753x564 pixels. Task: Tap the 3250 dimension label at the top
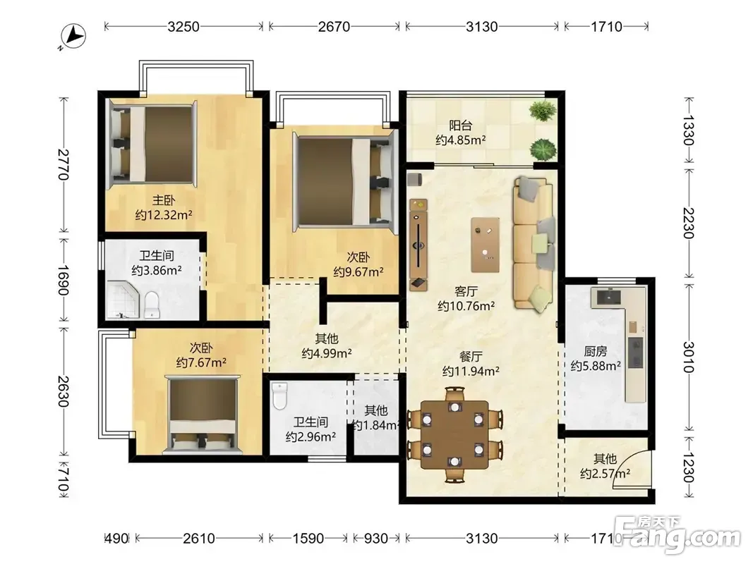[183, 26]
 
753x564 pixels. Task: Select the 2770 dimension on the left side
[64, 165]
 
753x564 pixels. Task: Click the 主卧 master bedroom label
[164, 200]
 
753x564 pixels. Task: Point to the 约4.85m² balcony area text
[461, 140]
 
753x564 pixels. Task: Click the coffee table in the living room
[485, 245]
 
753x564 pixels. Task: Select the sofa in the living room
[533, 244]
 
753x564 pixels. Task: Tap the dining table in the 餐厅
[454, 435]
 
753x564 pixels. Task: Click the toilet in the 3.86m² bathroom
[151, 304]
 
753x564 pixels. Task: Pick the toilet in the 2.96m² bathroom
[279, 396]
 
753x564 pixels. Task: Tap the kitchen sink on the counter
[608, 298]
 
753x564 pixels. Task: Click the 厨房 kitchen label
[596, 352]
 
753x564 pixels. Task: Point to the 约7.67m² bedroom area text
[201, 362]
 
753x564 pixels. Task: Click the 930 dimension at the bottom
[375, 539]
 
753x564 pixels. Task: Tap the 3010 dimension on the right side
[688, 357]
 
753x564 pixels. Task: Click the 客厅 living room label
[466, 291]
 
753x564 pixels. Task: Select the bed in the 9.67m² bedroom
[345, 180]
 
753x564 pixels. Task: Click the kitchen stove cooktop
[635, 352]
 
